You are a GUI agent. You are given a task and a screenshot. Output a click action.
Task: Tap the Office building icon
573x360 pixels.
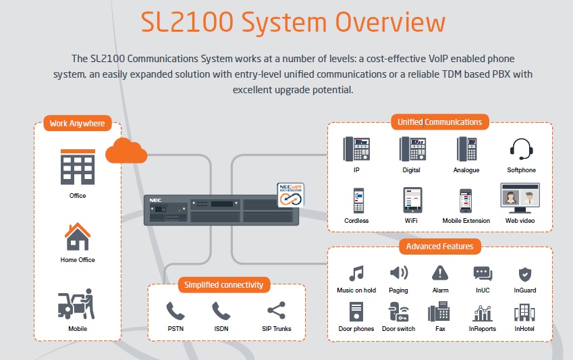[x=78, y=166]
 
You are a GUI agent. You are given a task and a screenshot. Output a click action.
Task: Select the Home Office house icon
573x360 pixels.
[x=78, y=236]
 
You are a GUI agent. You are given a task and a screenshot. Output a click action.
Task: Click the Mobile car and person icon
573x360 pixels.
[x=77, y=305]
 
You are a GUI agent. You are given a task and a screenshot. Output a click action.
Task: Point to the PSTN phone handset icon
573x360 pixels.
[x=175, y=311]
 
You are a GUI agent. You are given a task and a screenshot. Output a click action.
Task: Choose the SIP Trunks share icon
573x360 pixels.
[x=276, y=311]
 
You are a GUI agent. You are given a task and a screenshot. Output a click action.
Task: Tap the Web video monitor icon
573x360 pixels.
[x=520, y=199]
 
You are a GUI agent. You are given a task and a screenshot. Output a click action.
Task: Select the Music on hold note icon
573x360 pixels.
[x=356, y=274]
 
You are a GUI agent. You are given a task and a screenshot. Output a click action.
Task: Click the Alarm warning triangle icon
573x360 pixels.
[x=440, y=273]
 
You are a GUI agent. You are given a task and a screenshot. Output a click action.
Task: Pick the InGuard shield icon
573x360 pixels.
[x=525, y=274]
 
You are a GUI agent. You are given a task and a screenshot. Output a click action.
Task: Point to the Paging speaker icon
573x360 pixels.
[x=398, y=273]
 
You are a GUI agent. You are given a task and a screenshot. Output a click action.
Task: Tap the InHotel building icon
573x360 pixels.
[x=524, y=312]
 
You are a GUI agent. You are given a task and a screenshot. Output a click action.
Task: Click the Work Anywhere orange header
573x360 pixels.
[x=77, y=124]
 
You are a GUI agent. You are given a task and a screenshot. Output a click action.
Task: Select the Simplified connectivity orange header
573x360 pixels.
[x=224, y=285]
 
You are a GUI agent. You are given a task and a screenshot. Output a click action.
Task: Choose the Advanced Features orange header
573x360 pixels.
[x=439, y=247]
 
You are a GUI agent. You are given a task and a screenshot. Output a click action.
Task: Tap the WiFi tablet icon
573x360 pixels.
[x=412, y=200]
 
